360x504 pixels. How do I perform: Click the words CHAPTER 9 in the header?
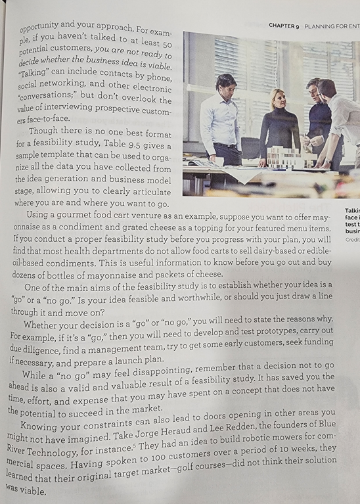(x=284, y=26)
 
